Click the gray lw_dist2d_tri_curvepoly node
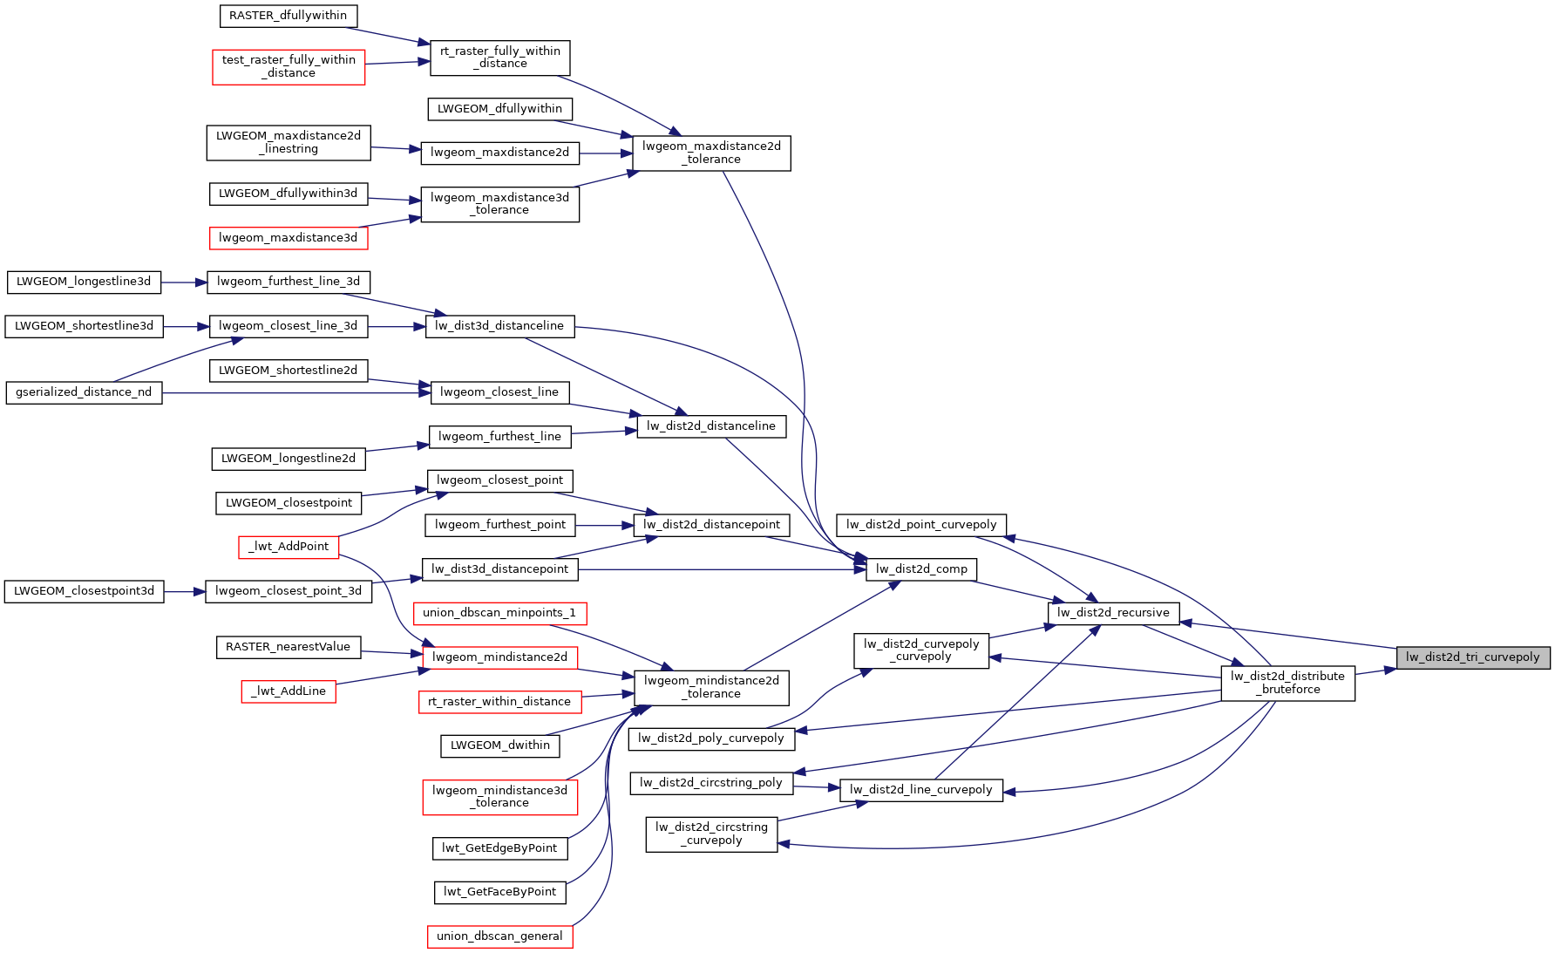pyautogui.click(x=1472, y=657)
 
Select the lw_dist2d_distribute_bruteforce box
pyautogui.click(x=1287, y=683)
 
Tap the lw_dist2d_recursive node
pyautogui.click(x=1113, y=613)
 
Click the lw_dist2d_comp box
pyautogui.click(x=921, y=569)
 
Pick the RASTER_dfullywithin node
pyautogui.click(x=288, y=16)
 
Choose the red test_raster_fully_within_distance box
pyautogui.click(x=289, y=66)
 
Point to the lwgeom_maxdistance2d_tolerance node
pyautogui.click(x=711, y=153)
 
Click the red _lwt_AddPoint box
pyautogui.click(x=289, y=547)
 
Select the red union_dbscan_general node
pyautogui.click(x=499, y=936)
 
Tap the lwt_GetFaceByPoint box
pyautogui.click(x=499, y=892)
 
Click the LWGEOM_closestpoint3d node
pyautogui.click(x=84, y=591)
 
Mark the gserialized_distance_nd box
pyautogui.click(x=84, y=392)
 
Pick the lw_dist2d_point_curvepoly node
pyautogui.click(x=921, y=525)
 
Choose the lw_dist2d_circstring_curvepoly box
pyautogui.click(x=711, y=834)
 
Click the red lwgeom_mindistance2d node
pyautogui.click(x=499, y=657)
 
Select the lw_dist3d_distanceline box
pyautogui.click(x=499, y=326)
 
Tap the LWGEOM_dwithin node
pyautogui.click(x=499, y=745)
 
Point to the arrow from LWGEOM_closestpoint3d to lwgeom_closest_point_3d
pyautogui.click(x=184, y=592)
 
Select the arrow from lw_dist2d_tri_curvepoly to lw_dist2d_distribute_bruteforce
pyautogui.click(x=1375, y=671)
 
